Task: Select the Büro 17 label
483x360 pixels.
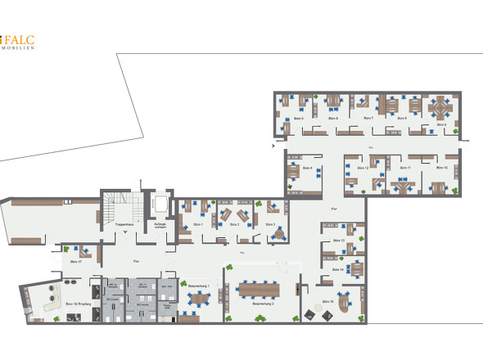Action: (75, 262)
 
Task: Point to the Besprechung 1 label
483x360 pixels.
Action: (200, 286)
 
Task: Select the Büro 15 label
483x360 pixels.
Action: (327, 302)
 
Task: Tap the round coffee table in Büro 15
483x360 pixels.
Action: (312, 314)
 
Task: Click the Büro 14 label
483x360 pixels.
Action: (337, 269)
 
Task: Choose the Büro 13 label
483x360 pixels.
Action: (337, 241)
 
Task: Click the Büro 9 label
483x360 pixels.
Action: (440, 124)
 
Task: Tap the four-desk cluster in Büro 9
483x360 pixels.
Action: (440, 107)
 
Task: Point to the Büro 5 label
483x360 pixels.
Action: (298, 119)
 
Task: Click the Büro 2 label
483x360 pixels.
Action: (234, 223)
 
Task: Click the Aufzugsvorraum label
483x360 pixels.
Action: (160, 223)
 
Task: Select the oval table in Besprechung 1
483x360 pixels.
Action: (199, 299)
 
